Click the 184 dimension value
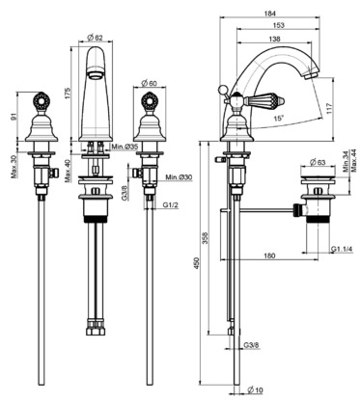pyautogui.click(x=270, y=13)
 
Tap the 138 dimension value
pyautogui.click(x=274, y=39)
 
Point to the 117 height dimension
pyautogui.click(x=327, y=108)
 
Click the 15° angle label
pyautogui.click(x=279, y=119)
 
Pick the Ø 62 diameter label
pyautogui.click(x=96, y=38)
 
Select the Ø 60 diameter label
pyautogui.click(x=149, y=83)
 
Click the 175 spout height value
pyautogui.click(x=69, y=94)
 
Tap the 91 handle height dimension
pyautogui.click(x=14, y=117)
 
